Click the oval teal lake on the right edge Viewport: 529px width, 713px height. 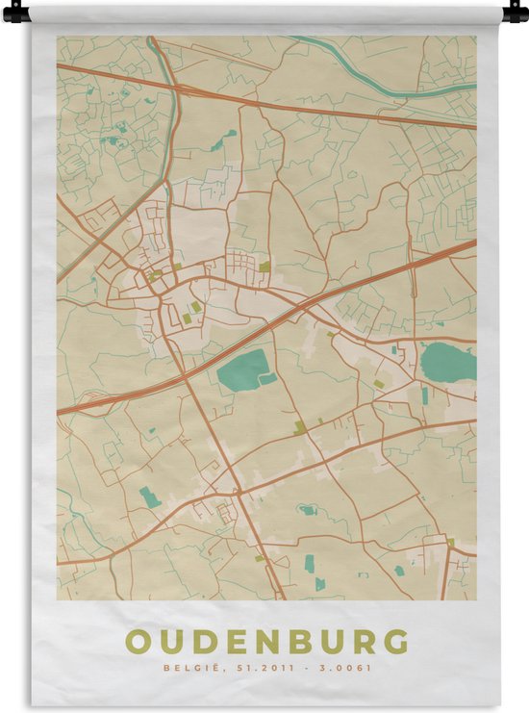click(448, 362)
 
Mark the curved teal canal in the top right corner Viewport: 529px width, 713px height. click(385, 77)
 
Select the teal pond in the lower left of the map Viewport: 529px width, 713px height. click(149, 497)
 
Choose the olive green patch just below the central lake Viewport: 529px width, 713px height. click(299, 426)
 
